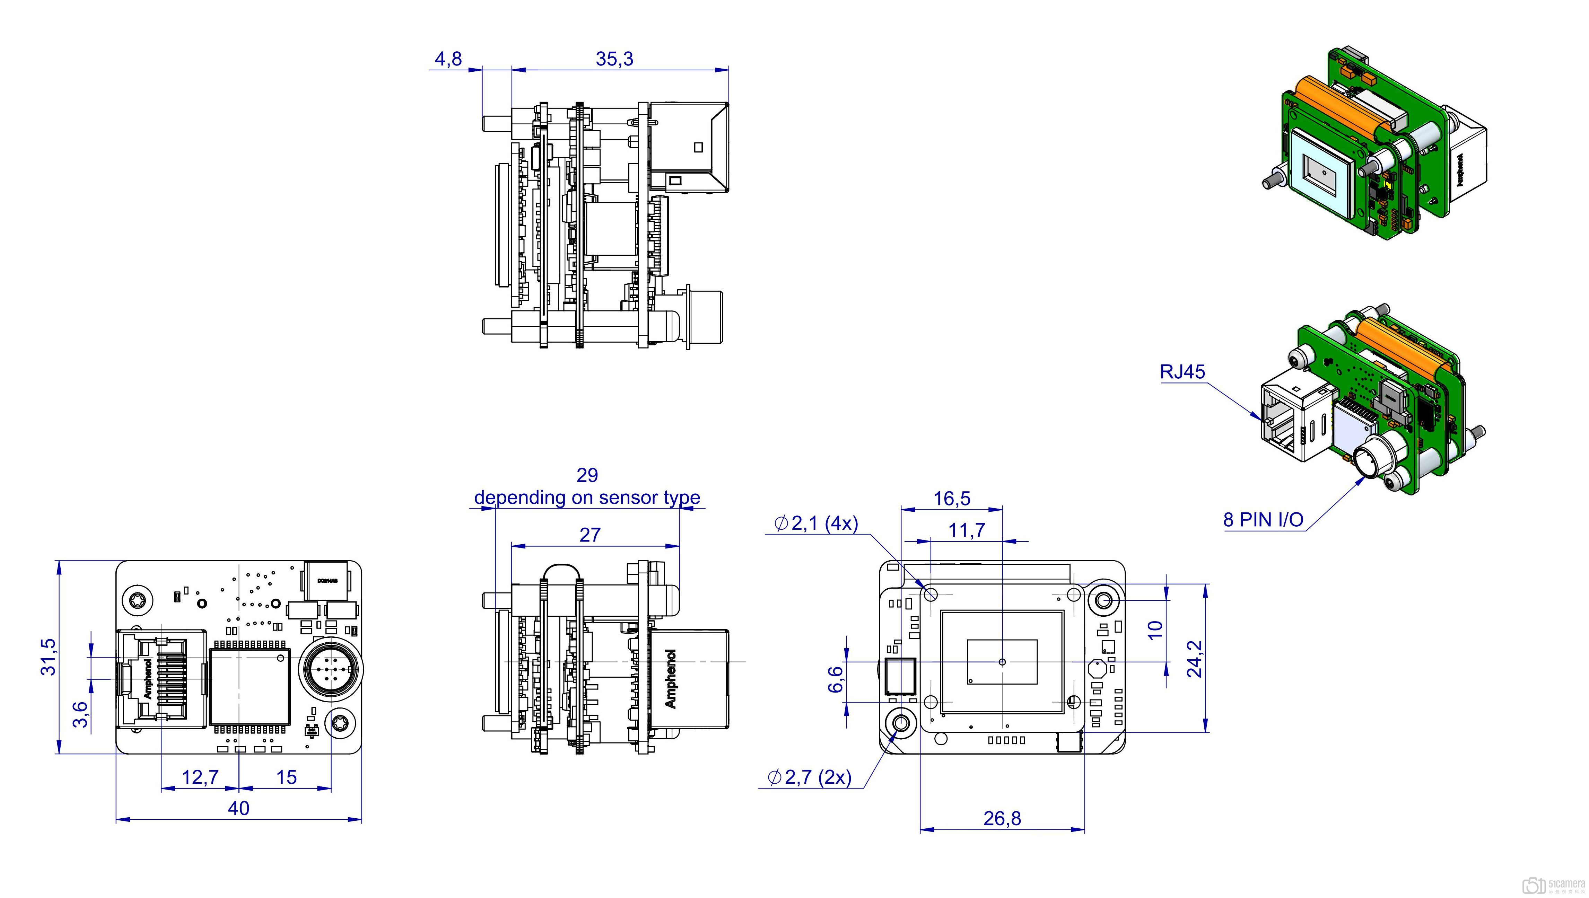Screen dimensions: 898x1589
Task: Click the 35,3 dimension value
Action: point(614,59)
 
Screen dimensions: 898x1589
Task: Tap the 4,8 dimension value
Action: point(448,59)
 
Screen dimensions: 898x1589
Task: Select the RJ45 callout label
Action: point(1182,372)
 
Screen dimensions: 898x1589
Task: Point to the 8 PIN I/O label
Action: point(1263,520)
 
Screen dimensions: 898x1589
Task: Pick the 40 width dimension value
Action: point(239,808)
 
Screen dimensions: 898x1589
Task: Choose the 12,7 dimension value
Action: point(200,777)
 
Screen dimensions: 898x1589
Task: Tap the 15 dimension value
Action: point(286,777)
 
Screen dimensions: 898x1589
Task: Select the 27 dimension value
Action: point(590,535)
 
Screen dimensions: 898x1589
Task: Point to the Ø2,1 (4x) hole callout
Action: point(815,523)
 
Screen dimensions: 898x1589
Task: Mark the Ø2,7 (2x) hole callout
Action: point(809,777)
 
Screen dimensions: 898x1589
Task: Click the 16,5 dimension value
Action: point(952,498)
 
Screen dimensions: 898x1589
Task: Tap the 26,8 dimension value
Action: point(1002,818)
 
